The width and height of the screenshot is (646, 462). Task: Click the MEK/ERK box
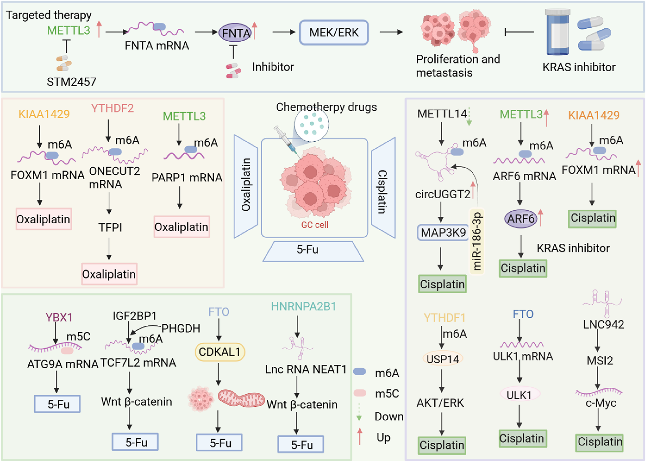pyautogui.click(x=334, y=32)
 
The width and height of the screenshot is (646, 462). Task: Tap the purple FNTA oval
pyautogui.click(x=236, y=33)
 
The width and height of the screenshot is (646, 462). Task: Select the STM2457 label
pyautogui.click(x=71, y=82)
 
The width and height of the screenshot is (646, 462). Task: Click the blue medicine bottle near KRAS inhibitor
pyautogui.click(x=558, y=33)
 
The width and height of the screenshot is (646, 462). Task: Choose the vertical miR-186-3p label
pyautogui.click(x=477, y=242)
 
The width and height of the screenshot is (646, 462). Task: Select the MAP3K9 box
pyautogui.click(x=443, y=232)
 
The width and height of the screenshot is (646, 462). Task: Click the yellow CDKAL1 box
pyautogui.click(x=219, y=352)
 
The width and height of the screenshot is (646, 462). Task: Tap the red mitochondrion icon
pyautogui.click(x=241, y=398)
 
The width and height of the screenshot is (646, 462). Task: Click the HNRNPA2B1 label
pyautogui.click(x=303, y=306)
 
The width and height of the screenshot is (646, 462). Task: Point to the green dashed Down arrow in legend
pyautogui.click(x=359, y=412)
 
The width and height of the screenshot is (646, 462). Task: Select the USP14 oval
pyautogui.click(x=443, y=359)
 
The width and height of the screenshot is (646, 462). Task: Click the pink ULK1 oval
pyautogui.click(x=519, y=395)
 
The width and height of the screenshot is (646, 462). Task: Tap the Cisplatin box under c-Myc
pyautogui.click(x=599, y=442)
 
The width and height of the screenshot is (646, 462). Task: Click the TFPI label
pyautogui.click(x=110, y=228)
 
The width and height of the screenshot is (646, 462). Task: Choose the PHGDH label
pyautogui.click(x=180, y=328)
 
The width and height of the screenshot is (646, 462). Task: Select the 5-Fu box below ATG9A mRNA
pyautogui.click(x=58, y=404)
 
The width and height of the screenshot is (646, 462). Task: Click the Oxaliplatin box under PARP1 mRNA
pyautogui.click(x=181, y=227)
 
